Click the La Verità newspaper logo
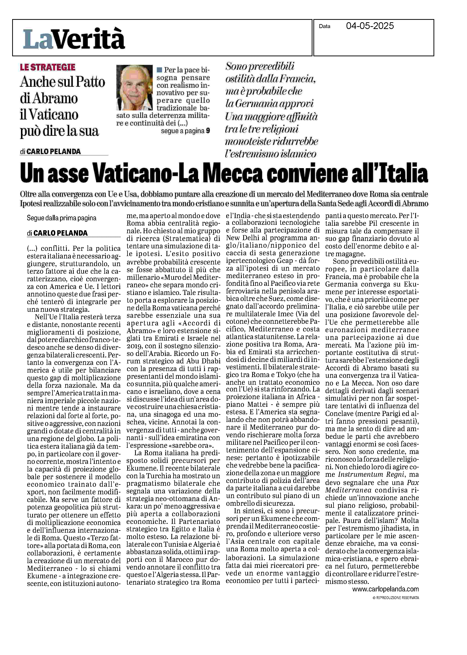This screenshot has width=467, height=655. tap(74, 39)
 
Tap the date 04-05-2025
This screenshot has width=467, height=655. tap(370, 26)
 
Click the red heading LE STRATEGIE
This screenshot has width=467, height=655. tap(48, 67)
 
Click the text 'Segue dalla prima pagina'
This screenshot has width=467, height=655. tap(62, 218)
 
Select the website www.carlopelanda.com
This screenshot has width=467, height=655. tap(385, 589)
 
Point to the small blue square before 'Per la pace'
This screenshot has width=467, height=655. tap(159, 70)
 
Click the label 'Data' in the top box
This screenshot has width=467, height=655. tap(324, 26)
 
